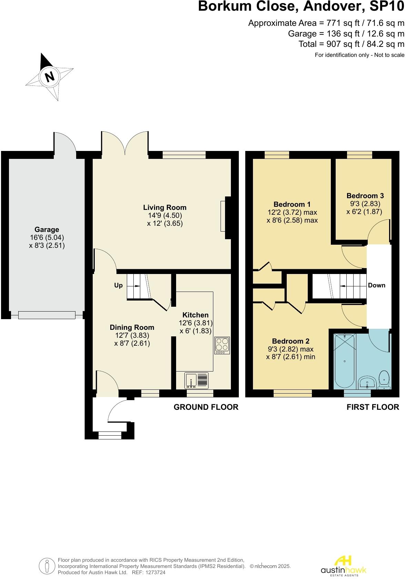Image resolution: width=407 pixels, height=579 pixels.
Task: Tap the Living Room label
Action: (x=165, y=207)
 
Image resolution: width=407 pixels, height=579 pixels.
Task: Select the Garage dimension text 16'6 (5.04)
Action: (x=47, y=237)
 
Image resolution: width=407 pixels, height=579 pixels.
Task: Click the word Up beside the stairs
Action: (x=118, y=285)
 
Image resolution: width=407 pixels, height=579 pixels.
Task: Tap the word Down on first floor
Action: (x=376, y=285)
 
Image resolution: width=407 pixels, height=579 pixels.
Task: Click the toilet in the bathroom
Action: (x=384, y=380)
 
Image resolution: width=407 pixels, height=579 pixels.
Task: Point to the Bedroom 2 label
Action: (x=291, y=341)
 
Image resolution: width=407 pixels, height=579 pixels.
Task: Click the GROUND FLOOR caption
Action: (x=206, y=407)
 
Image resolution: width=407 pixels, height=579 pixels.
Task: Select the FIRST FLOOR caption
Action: (x=373, y=407)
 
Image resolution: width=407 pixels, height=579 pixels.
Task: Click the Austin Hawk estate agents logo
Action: (x=343, y=566)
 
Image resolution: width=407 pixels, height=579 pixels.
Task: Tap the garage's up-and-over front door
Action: (x=47, y=315)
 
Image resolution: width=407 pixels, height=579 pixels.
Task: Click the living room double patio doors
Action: (x=125, y=145)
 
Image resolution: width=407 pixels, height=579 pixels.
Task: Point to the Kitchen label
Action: (x=195, y=315)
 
